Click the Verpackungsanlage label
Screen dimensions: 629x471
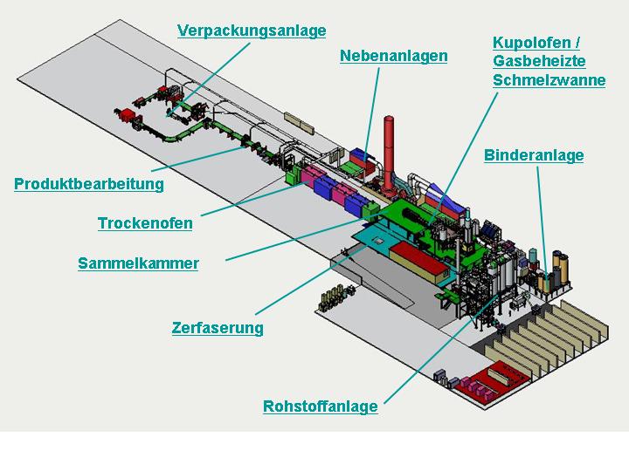[252, 31]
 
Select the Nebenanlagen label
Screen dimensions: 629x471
[393, 56]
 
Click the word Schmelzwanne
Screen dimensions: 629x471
[550, 80]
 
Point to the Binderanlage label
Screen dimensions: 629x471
[534, 155]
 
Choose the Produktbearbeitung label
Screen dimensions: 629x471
[89, 184]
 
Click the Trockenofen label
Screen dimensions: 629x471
[145, 223]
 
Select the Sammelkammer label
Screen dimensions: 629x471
[138, 263]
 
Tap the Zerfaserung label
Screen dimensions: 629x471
[218, 328]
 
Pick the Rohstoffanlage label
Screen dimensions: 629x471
[321, 406]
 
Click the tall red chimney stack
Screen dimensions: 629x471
[388, 154]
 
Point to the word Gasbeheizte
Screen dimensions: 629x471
[539, 61]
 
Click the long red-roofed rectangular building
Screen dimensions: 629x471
[419, 262]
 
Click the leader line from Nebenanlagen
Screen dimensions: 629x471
[371, 113]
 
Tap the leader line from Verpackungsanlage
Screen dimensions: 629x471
[209, 79]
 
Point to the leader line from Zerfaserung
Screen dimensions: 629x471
[311, 280]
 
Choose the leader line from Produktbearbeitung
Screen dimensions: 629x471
[197, 160]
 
